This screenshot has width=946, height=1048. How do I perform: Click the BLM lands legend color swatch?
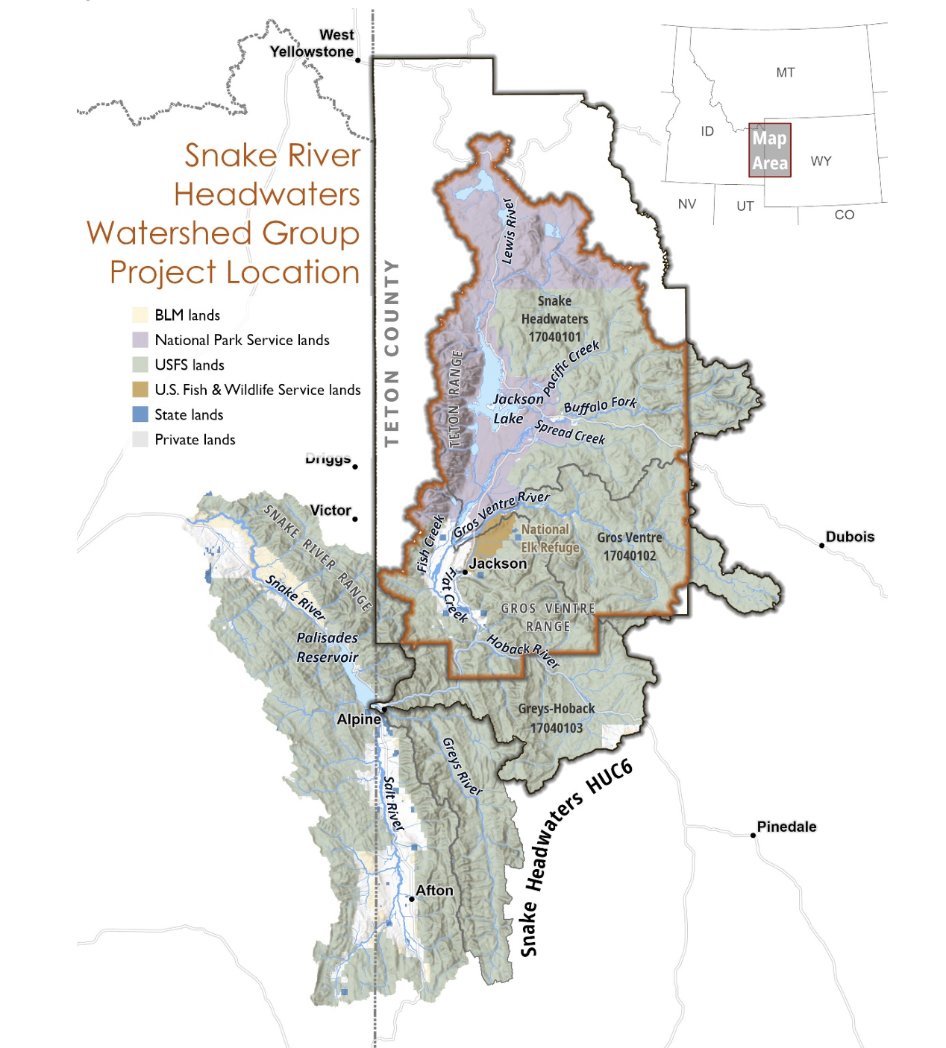pyautogui.click(x=140, y=315)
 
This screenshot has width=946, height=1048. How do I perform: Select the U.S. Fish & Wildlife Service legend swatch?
pyautogui.click(x=140, y=389)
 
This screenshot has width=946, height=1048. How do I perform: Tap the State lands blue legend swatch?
pyautogui.click(x=140, y=414)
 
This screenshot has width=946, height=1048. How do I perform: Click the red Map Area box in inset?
pyautogui.click(x=769, y=151)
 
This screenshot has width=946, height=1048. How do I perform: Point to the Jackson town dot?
pyautogui.click(x=465, y=572)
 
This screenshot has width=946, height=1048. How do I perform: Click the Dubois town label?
pyautogui.click(x=850, y=537)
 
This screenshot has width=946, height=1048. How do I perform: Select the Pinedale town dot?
pyautogui.click(x=753, y=835)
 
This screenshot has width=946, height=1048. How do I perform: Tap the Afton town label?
pyautogui.click(x=434, y=890)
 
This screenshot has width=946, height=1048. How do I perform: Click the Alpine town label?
pyautogui.click(x=359, y=719)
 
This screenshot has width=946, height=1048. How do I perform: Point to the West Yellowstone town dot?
pyautogui.click(x=358, y=60)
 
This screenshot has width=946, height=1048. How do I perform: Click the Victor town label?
pyautogui.click(x=331, y=510)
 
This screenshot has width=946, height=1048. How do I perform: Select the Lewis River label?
pyautogui.click(x=509, y=231)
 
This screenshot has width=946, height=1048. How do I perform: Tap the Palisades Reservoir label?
pyautogui.click(x=328, y=647)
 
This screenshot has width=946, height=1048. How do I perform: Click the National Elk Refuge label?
pyautogui.click(x=550, y=538)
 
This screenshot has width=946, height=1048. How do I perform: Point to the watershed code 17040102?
pyautogui.click(x=630, y=555)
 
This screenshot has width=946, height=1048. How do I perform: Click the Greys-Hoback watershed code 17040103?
pyautogui.click(x=557, y=727)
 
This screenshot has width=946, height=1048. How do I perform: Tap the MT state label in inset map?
pyautogui.click(x=785, y=72)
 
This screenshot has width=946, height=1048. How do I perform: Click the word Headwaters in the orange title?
pyautogui.click(x=266, y=195)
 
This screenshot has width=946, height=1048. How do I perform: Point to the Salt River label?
pyautogui.click(x=392, y=804)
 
